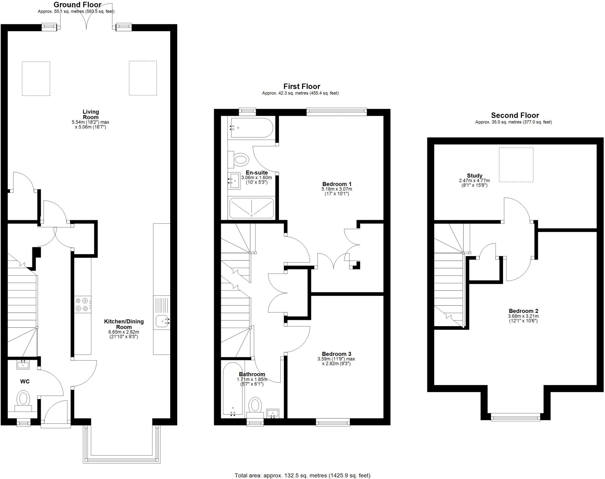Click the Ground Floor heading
pyautogui.click(x=77, y=5)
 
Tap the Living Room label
pyautogui.click(x=91, y=114)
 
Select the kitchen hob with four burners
pyautogui.click(x=82, y=305)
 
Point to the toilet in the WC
pyautogui.click(x=23, y=399)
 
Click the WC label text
pyautogui.click(x=25, y=381)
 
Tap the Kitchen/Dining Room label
pyautogui.click(x=124, y=324)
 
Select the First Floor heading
pyautogui.click(x=302, y=86)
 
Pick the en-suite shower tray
pyautogui.click(x=251, y=208)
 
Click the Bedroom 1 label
pyautogui.click(x=337, y=184)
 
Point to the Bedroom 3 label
pyautogui.click(x=336, y=354)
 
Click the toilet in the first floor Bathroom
pyautogui.click(x=255, y=405)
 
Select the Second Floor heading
pyautogui.click(x=515, y=115)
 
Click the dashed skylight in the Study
pyautogui.click(x=516, y=165)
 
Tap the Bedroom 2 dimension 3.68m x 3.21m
pyautogui.click(x=523, y=316)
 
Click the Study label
pyautogui.click(x=474, y=176)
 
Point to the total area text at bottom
pyautogui.click(x=302, y=475)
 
